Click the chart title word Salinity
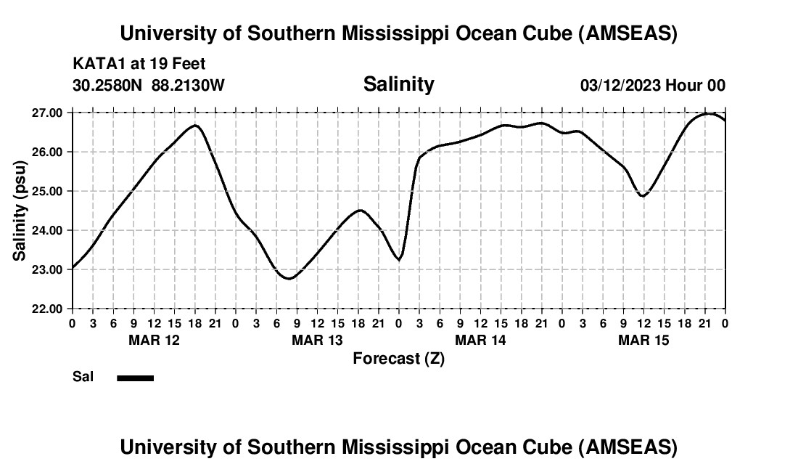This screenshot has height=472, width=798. pyautogui.click(x=398, y=84)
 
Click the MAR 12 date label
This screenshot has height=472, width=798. pyautogui.click(x=154, y=340)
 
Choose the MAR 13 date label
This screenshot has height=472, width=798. pyautogui.click(x=317, y=340)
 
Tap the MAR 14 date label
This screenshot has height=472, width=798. pyautogui.click(x=480, y=340)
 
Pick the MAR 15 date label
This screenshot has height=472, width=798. pyautogui.click(x=643, y=340)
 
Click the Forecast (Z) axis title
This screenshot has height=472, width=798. pyautogui.click(x=398, y=358)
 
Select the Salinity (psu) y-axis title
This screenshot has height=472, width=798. pyautogui.click(x=20, y=211)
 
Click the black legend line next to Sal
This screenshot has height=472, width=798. pyautogui.click(x=135, y=378)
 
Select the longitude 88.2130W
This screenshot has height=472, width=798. pyautogui.click(x=188, y=85)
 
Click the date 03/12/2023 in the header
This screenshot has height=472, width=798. pyautogui.click(x=620, y=85)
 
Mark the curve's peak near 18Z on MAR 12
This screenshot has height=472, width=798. pyautogui.click(x=195, y=126)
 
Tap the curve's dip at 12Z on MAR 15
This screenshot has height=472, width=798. pyautogui.click(x=643, y=196)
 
